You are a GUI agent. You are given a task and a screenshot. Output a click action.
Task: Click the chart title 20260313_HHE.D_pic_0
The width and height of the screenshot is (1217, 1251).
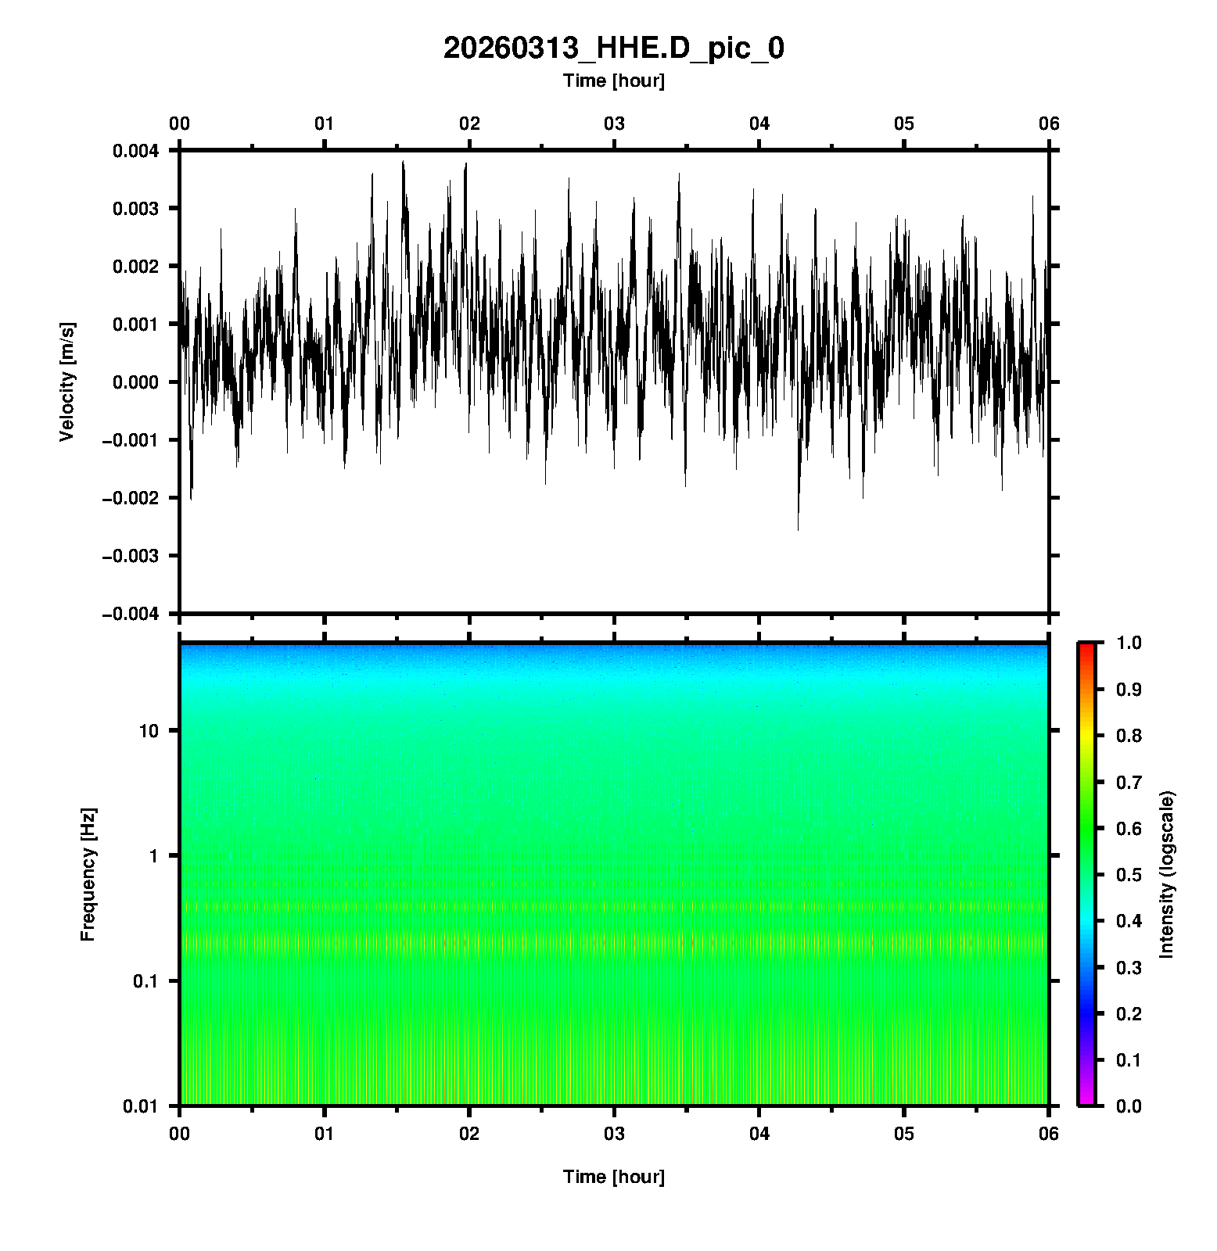pyautogui.click(x=613, y=48)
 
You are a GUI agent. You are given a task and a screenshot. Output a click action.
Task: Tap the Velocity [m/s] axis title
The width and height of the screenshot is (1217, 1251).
pyautogui.click(x=67, y=382)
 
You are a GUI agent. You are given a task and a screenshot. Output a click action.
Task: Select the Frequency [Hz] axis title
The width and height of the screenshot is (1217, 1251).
pyautogui.click(x=88, y=874)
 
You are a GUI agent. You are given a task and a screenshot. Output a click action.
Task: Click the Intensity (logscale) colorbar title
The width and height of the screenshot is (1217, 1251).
pyautogui.click(x=1167, y=874)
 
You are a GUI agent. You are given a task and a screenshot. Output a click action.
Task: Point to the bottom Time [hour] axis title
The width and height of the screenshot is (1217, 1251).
pyautogui.click(x=613, y=1177)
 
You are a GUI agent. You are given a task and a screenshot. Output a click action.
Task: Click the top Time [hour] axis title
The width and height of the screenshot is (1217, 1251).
pyautogui.click(x=613, y=81)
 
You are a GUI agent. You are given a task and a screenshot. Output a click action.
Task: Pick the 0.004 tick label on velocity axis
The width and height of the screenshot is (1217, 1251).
pyautogui.click(x=135, y=151)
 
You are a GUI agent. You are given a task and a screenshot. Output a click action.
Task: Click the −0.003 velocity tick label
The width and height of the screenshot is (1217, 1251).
pyautogui.click(x=131, y=556)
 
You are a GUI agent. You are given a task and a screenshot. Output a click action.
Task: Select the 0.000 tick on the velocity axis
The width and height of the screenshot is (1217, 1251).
pyautogui.click(x=135, y=382)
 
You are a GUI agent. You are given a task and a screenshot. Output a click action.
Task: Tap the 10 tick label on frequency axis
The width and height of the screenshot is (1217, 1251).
pyautogui.click(x=148, y=731)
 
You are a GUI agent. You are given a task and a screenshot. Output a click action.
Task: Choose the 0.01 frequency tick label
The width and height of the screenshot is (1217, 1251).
pyautogui.click(x=141, y=1106)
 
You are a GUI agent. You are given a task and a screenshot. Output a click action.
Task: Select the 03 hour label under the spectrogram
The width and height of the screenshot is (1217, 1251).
pyautogui.click(x=614, y=1134)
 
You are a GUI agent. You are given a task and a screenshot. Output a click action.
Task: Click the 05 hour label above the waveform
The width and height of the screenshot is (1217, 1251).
pyautogui.click(x=904, y=124)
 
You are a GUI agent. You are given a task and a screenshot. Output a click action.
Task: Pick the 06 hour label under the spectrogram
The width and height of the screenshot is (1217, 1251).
pyautogui.click(x=1048, y=1134)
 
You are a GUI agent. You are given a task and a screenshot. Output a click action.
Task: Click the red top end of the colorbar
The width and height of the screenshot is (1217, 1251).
pyautogui.click(x=1086, y=647)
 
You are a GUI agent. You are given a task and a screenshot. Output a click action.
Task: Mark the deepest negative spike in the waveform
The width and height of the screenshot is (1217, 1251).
pyautogui.click(x=798, y=529)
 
